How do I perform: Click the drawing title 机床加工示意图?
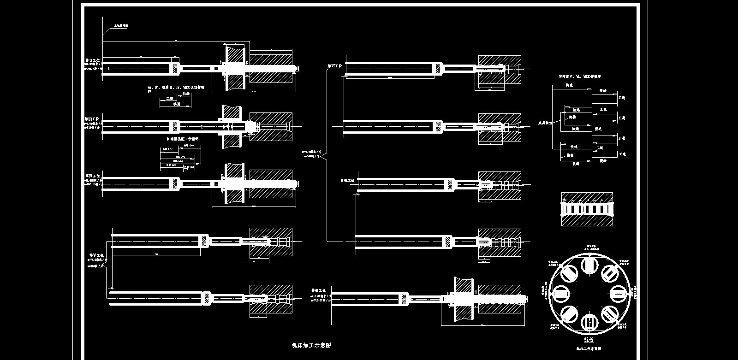point(312,345)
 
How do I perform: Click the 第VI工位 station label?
point(335,66)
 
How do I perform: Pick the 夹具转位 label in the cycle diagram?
point(546,123)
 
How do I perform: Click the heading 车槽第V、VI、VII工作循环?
point(579,77)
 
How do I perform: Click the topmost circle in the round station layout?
point(589,265)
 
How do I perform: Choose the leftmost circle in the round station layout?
point(560,293)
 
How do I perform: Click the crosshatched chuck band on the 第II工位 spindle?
point(175,69)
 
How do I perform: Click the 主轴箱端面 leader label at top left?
point(121,26)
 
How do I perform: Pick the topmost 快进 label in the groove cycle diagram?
point(569,86)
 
